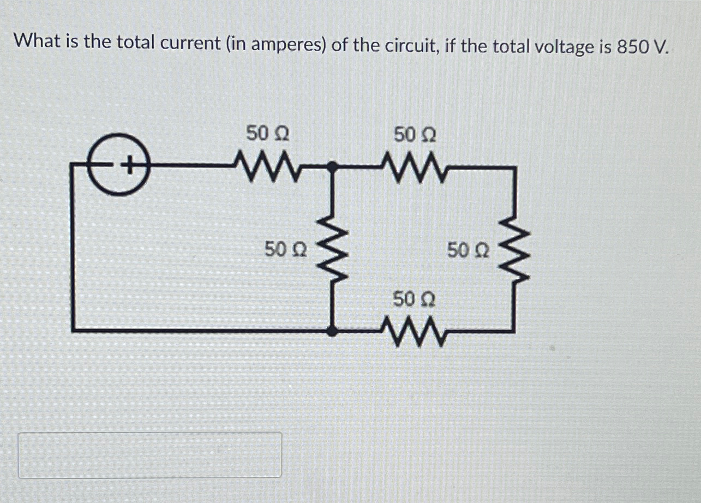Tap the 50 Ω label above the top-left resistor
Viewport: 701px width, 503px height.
click(267, 133)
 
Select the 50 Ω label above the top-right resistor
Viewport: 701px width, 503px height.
click(415, 134)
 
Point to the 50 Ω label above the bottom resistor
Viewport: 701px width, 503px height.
click(414, 300)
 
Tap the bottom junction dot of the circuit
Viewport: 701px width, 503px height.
click(331, 330)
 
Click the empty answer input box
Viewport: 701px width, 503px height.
click(150, 455)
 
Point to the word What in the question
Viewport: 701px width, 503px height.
click(36, 41)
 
